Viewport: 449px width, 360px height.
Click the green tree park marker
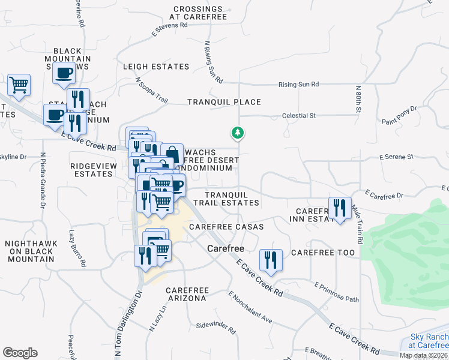pyautogui.click(x=238, y=133)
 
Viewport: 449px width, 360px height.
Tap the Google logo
pyautogui.click(x=20, y=353)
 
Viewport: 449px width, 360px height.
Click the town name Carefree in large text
pyautogui.click(x=224, y=248)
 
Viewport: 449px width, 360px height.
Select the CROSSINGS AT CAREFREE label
pyautogui.click(x=199, y=13)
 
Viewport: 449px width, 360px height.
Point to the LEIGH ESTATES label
pyautogui.click(x=156, y=67)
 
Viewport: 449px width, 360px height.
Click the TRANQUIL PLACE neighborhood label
pyautogui.click(x=223, y=103)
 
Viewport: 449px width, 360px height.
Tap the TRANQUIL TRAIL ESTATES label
pyautogui.click(x=232, y=199)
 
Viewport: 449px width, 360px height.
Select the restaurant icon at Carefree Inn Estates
pyautogui.click(x=339, y=208)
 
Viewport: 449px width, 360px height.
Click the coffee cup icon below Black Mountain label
pyautogui.click(x=64, y=74)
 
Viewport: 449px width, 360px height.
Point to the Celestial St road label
pyautogui.click(x=299, y=116)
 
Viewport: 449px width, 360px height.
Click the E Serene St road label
pyautogui.click(x=396, y=157)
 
